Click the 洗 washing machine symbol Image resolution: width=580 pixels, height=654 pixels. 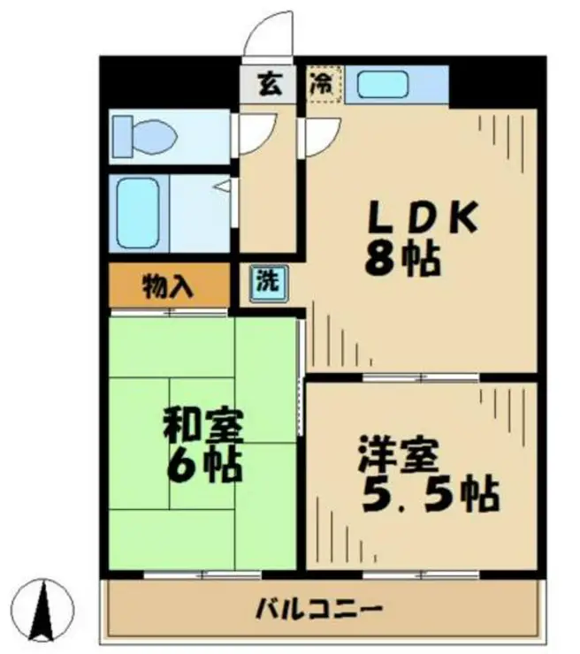(x=266, y=283)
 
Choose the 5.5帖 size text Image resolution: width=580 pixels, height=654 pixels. (x=430, y=494)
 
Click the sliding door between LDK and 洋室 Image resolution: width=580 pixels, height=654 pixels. (x=421, y=377)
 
